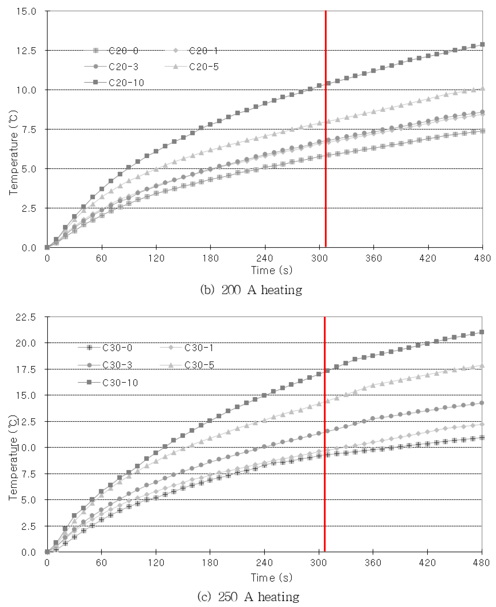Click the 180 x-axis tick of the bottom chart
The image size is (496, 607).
(x=210, y=563)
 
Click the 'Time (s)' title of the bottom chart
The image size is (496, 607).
(x=271, y=578)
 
